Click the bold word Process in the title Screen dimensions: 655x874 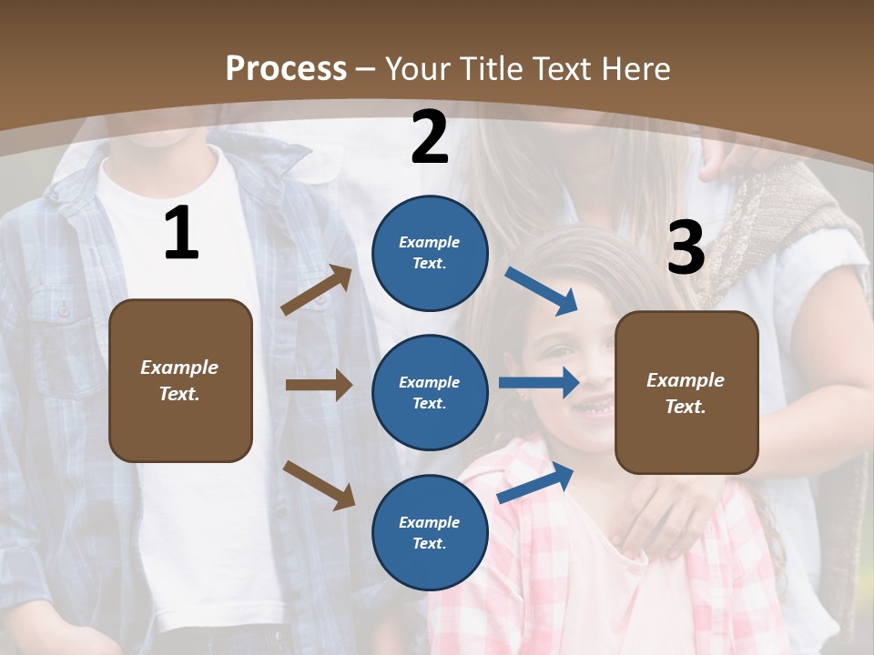tap(286, 68)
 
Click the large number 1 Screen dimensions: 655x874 tap(181, 234)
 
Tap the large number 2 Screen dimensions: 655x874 tap(430, 137)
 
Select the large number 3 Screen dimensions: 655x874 tap(686, 247)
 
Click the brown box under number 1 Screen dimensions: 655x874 tap(180, 380)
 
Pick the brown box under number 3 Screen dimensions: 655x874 tap(686, 392)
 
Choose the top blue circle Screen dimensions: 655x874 tap(430, 253)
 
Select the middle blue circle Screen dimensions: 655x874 tap(430, 392)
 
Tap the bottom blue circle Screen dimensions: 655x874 tap(430, 532)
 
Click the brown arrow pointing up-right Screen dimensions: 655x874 tap(316, 290)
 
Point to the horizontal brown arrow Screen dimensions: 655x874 tap(319, 385)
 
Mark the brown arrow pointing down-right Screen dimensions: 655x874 tap(319, 484)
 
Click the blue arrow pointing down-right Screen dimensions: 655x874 tap(542, 291)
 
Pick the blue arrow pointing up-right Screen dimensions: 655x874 tap(535, 483)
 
